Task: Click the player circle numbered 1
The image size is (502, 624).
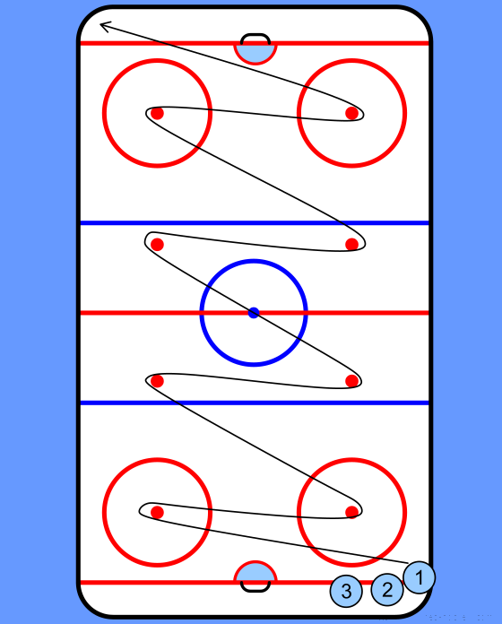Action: [420, 577]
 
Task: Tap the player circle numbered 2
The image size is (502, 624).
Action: [387, 589]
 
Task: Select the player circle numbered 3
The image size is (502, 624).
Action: [346, 591]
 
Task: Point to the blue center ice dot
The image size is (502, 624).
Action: [254, 313]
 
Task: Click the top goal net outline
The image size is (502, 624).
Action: [255, 35]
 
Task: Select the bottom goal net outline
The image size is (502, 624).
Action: [255, 590]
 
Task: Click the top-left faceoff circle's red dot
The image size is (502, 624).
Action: [157, 113]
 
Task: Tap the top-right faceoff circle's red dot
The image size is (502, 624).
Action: [351, 113]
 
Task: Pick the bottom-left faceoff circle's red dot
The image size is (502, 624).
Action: [157, 512]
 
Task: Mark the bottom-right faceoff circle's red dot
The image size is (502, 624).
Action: [351, 512]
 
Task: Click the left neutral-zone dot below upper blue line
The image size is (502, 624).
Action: [157, 245]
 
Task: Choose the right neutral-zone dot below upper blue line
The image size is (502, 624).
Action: [351, 245]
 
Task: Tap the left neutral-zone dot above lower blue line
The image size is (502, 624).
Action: [157, 381]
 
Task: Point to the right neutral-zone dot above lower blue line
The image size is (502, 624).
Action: [351, 381]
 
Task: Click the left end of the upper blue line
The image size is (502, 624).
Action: [82, 223]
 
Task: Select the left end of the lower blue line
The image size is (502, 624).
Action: [82, 403]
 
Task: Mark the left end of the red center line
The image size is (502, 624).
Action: [82, 313]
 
